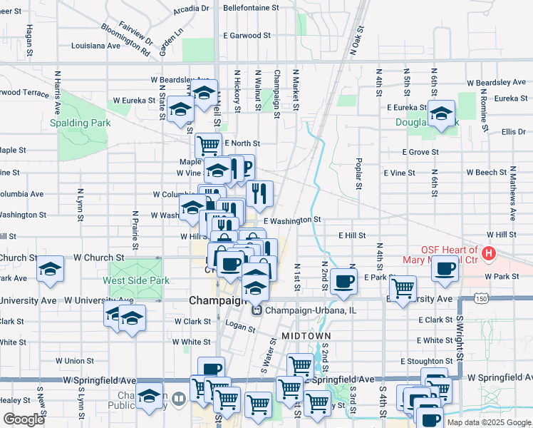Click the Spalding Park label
click(80, 123)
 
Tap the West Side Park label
click(140, 280)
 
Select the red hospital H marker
click(489, 253)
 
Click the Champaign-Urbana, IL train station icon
click(257, 311)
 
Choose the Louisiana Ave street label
click(95, 45)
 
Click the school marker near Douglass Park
click(441, 113)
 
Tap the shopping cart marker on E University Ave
click(403, 287)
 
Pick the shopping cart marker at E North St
click(208, 145)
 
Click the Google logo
click(24, 419)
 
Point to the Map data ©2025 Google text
click(488, 422)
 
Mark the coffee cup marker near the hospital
click(446, 268)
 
